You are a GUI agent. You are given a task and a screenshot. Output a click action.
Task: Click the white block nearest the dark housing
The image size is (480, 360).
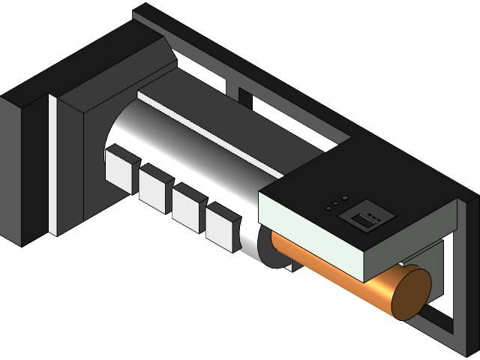[119, 171]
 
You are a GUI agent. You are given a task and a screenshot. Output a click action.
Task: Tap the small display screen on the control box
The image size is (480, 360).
[363, 220]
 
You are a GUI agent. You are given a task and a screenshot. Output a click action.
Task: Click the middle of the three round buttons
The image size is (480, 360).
[336, 202]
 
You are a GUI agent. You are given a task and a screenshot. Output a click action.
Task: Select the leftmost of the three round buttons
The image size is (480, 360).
[328, 207]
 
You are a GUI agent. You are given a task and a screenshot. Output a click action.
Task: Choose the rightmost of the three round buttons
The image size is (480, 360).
[345, 198]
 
